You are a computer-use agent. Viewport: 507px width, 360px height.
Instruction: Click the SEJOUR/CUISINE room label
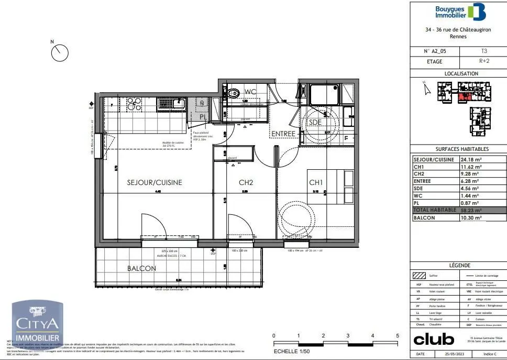point(155,183)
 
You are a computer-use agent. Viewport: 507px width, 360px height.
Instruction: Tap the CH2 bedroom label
point(246,183)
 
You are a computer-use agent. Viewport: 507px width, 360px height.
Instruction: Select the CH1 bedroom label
point(316,183)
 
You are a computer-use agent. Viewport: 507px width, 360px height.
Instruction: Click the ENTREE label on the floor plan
point(283,134)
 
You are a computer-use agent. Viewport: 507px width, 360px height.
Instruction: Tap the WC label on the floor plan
point(250,92)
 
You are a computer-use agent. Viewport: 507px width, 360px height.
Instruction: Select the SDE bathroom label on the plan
point(315,122)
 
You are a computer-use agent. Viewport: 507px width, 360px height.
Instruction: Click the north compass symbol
point(60,52)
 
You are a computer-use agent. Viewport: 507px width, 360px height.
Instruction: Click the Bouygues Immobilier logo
point(461,12)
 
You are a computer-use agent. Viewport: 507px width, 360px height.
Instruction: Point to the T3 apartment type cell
point(483,51)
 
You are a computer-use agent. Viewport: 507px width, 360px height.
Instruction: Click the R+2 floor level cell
point(483,61)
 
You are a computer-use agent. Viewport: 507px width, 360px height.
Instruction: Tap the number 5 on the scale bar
point(398,335)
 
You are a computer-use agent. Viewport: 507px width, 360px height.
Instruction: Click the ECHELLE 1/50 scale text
point(295,351)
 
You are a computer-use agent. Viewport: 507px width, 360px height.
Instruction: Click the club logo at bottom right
point(434,340)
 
